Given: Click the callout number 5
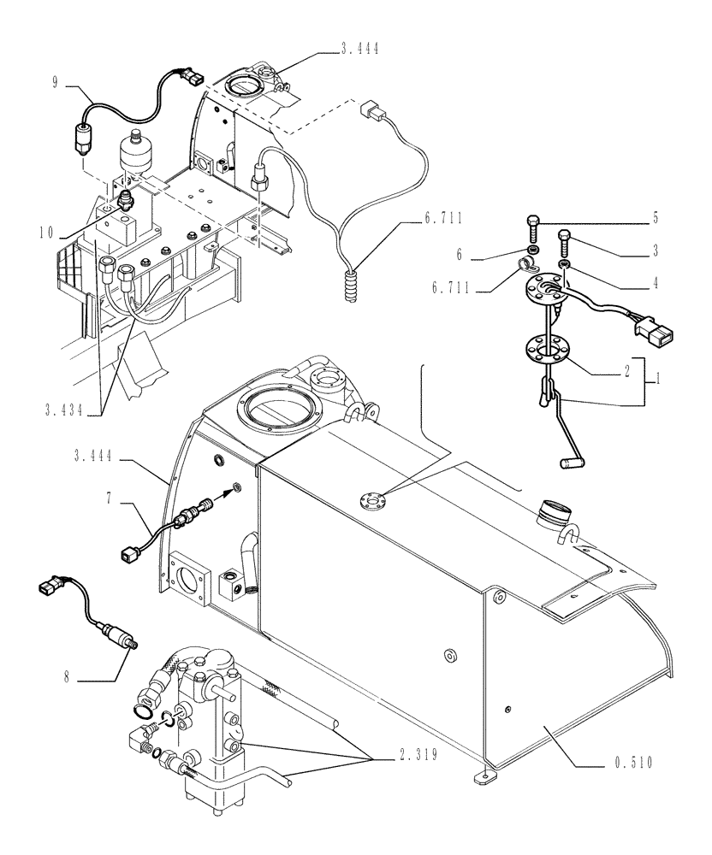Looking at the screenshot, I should tap(656, 219).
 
